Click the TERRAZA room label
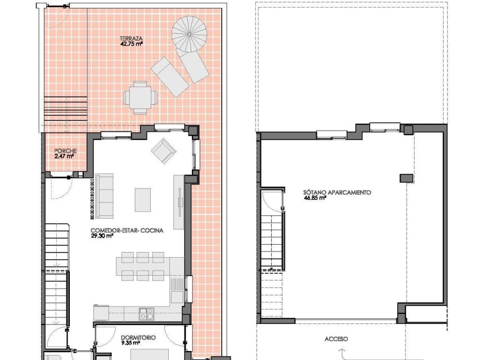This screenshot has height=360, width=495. [130, 38]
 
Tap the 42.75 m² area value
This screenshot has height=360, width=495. [131, 44]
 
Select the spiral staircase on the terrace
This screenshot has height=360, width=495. [190, 33]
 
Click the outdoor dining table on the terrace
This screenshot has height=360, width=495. [140, 96]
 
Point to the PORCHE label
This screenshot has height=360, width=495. [65, 151]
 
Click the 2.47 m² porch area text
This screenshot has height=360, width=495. [64, 157]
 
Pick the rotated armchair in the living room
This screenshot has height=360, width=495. [163, 151]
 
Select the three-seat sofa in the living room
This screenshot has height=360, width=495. [103, 196]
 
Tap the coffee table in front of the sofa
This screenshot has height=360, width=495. [143, 199]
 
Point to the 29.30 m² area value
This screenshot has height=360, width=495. [102, 236]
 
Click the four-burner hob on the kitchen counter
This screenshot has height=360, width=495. [147, 313]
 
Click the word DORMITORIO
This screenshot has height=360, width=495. [138, 338]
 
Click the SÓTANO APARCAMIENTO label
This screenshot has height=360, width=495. [337, 192]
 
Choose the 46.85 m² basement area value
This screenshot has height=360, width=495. [315, 198]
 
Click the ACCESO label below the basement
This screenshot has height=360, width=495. [336, 339]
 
